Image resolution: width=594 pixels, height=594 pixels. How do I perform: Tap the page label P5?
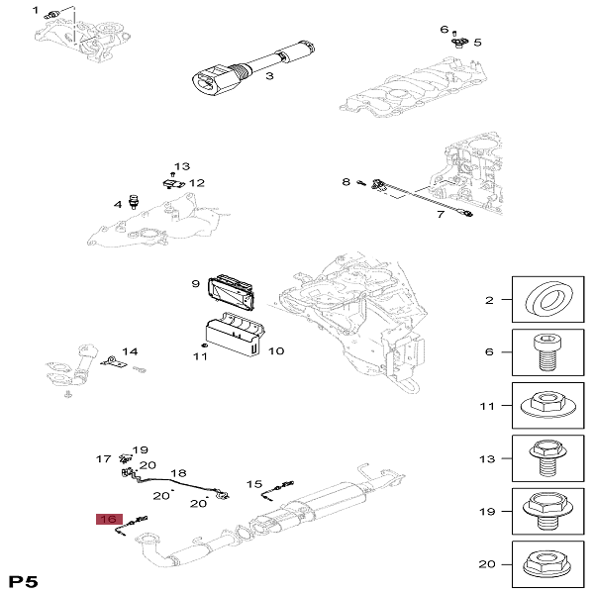tap(24, 578)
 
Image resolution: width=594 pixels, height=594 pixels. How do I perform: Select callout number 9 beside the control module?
tap(196, 284)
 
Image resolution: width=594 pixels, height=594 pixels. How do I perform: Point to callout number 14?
tap(131, 352)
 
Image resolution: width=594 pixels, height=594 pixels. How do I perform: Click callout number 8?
tap(346, 182)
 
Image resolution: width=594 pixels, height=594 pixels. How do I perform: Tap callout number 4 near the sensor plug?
tap(118, 204)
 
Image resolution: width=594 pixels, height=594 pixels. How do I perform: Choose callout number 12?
tap(197, 183)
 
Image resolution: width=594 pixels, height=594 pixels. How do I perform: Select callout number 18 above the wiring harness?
tap(178, 473)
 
